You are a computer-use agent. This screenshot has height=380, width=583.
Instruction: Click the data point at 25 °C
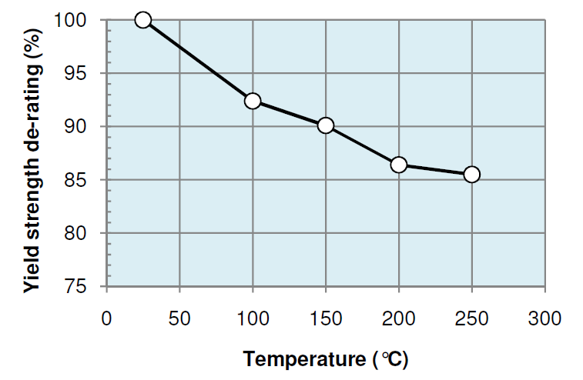pyautogui.click(x=142, y=20)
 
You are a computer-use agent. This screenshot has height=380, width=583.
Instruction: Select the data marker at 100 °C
pyautogui.click(x=253, y=101)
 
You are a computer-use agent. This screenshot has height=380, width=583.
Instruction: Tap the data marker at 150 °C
pyautogui.click(x=326, y=125)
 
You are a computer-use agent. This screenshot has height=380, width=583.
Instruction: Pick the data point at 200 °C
pyautogui.click(x=399, y=165)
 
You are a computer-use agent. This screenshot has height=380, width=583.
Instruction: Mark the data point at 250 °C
pyautogui.click(x=472, y=174)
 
